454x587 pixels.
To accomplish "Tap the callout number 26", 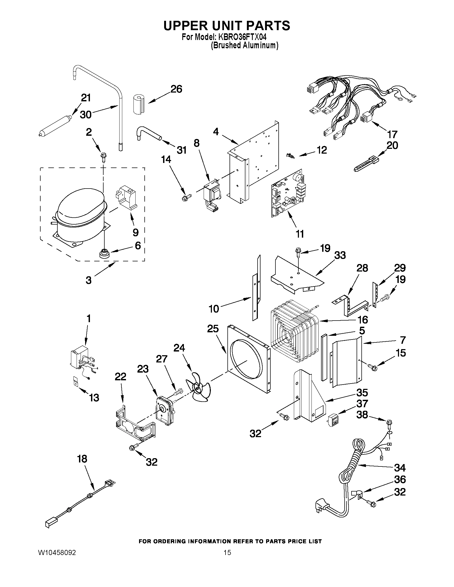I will click(x=176, y=89).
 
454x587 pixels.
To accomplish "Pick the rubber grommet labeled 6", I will click(x=104, y=253).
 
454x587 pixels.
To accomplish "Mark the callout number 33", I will click(x=340, y=255).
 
